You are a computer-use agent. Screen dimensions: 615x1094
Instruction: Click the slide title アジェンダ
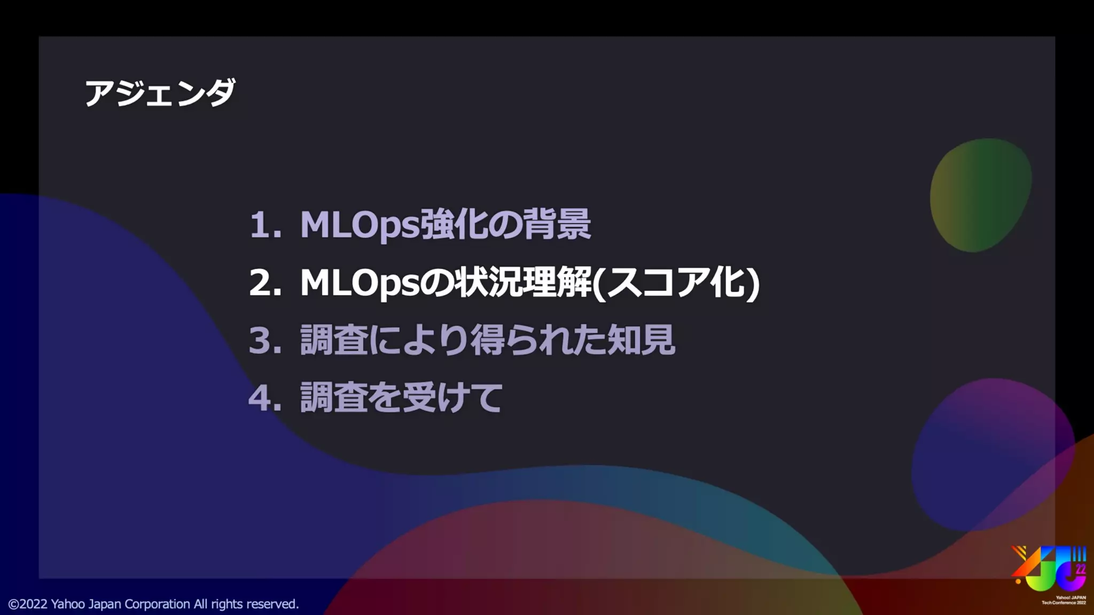(x=160, y=93)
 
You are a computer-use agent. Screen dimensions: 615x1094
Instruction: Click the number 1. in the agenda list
(x=265, y=224)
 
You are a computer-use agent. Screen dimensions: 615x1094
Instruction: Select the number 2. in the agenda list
(x=265, y=282)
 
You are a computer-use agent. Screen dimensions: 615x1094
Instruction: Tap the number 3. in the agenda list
(x=265, y=340)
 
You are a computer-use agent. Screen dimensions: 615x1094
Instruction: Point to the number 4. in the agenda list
(x=265, y=398)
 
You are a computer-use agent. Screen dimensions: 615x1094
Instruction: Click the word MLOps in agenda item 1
(x=360, y=225)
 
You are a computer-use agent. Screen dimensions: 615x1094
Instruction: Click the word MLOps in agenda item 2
(x=360, y=282)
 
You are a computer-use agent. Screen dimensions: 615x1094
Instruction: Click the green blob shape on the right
(x=981, y=195)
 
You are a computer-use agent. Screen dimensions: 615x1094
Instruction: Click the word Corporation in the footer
(x=157, y=604)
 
